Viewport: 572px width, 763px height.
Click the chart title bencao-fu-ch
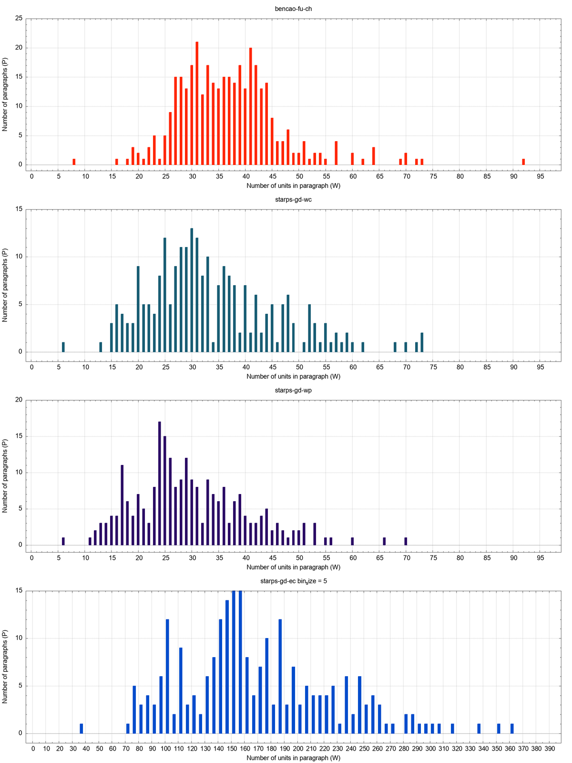(x=293, y=9)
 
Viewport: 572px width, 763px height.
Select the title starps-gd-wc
(x=293, y=200)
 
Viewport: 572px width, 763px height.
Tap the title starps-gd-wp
(x=293, y=391)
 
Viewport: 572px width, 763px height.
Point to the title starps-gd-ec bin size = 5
(x=293, y=581)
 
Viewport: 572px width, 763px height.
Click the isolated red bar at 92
(x=523, y=162)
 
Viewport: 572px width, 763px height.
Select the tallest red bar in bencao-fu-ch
(x=197, y=103)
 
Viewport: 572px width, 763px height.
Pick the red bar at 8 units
(x=74, y=162)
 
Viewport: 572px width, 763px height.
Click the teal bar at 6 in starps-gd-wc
(x=63, y=348)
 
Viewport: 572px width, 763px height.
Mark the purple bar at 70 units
(x=406, y=542)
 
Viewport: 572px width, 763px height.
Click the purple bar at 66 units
(x=384, y=542)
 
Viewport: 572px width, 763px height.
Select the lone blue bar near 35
(x=82, y=729)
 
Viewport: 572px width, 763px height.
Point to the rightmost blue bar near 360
(x=512, y=729)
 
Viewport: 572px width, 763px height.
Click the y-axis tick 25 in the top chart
(x=19, y=19)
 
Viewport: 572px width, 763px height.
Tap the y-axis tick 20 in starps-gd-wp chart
(x=19, y=400)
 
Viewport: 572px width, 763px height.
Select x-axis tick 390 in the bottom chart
(x=550, y=749)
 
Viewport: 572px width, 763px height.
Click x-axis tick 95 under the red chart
(x=540, y=176)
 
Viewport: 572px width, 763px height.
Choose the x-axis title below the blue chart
(x=293, y=758)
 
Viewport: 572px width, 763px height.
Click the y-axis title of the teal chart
(x=5, y=285)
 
